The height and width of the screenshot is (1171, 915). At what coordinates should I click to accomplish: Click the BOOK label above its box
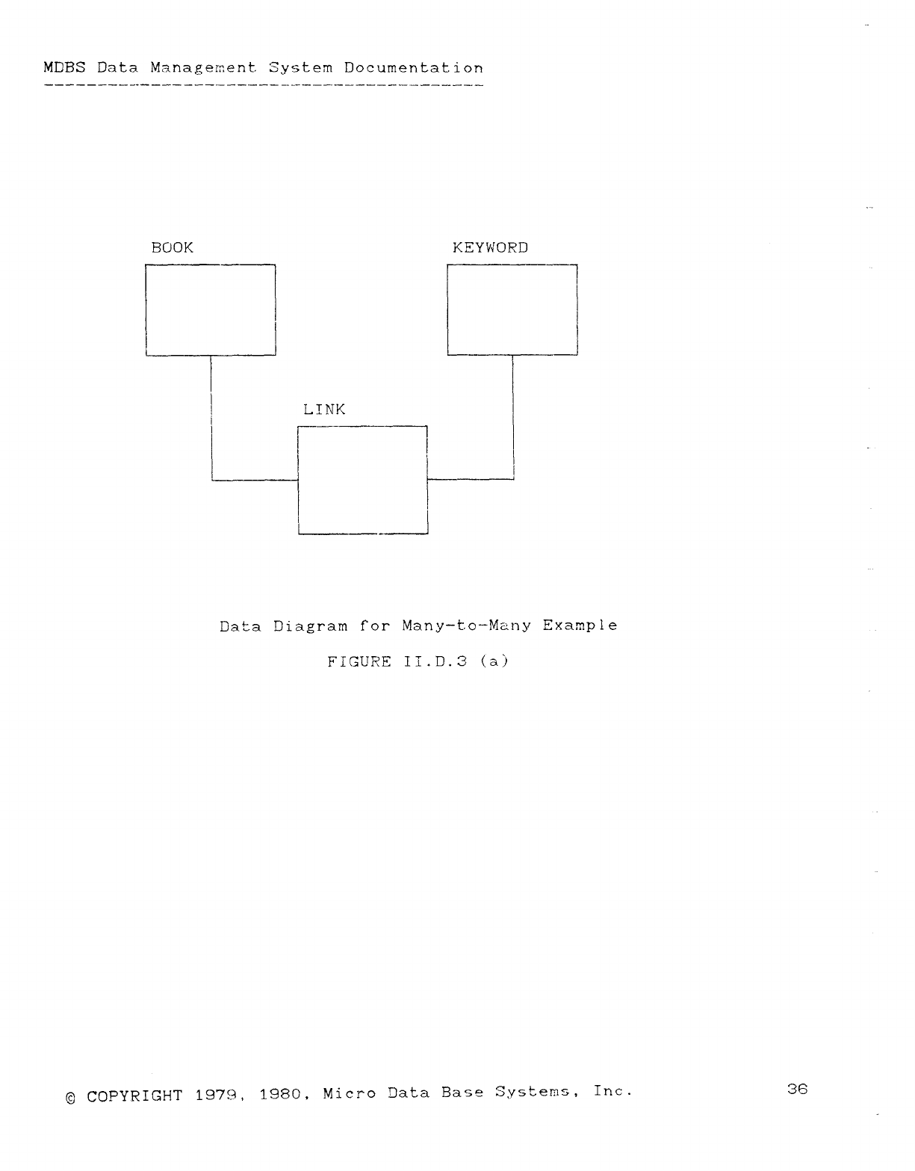[x=172, y=247]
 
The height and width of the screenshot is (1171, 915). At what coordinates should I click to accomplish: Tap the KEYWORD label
[x=490, y=247]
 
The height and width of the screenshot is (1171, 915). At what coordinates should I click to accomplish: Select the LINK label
[x=324, y=410]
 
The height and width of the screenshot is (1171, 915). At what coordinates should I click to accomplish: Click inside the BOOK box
[x=211, y=309]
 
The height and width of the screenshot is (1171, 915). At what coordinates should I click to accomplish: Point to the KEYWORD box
[x=512, y=309]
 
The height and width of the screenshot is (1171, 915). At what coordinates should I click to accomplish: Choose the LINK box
[x=362, y=480]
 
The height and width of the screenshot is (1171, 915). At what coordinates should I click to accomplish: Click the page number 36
[x=797, y=1089]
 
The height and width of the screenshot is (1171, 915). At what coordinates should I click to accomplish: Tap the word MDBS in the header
[x=64, y=68]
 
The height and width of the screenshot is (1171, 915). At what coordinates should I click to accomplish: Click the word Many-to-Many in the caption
[x=466, y=625]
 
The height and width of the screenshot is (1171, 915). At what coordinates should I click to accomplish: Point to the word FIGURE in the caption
[x=359, y=661]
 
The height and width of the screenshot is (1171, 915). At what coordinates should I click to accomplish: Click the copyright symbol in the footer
[x=70, y=1098]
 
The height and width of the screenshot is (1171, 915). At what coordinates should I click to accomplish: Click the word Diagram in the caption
[x=310, y=625]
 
